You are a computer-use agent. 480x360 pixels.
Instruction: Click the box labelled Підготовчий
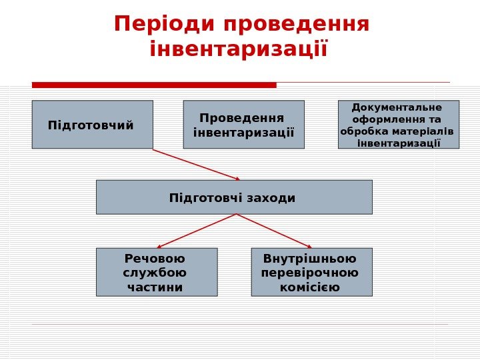tap(92, 124)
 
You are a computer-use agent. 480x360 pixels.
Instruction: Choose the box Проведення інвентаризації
tap(243, 124)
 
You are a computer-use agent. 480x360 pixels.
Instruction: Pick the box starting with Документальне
tap(399, 124)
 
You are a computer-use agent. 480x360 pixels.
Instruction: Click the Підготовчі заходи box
tap(234, 197)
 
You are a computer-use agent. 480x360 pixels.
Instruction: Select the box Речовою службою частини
tap(157, 272)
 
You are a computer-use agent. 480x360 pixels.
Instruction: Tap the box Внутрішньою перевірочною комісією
tap(311, 272)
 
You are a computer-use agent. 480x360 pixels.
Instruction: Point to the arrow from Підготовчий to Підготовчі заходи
tap(196, 164)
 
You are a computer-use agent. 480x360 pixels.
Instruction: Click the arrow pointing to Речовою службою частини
tap(197, 231)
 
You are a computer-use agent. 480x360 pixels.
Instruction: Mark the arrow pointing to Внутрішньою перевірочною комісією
tap(274, 231)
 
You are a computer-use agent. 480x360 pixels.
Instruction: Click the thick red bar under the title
tap(154, 85)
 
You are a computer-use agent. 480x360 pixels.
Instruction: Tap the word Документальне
tap(397, 107)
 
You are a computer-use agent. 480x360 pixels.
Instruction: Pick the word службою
tap(155, 273)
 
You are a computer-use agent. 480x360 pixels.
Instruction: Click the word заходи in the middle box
tap(271, 198)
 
